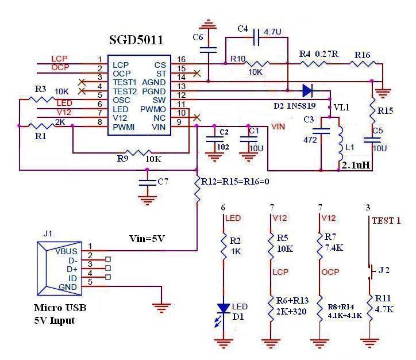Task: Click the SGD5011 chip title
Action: point(136,40)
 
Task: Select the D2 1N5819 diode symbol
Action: point(308,90)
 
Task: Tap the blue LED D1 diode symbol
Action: point(224,308)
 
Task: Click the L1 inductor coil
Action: point(340,144)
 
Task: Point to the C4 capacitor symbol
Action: point(256,37)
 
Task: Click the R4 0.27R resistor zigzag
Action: point(313,64)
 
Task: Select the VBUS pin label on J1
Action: point(66,251)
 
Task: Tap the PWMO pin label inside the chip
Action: point(153,109)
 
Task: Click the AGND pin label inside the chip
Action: point(154,82)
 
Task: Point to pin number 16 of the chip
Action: point(182,59)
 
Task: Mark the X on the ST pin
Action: point(197,73)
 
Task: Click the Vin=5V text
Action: point(147,239)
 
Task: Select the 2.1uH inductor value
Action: point(356,166)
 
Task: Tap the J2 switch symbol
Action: point(370,271)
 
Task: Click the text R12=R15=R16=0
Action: point(235,182)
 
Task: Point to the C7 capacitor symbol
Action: point(147,182)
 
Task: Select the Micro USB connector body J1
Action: point(59,269)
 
